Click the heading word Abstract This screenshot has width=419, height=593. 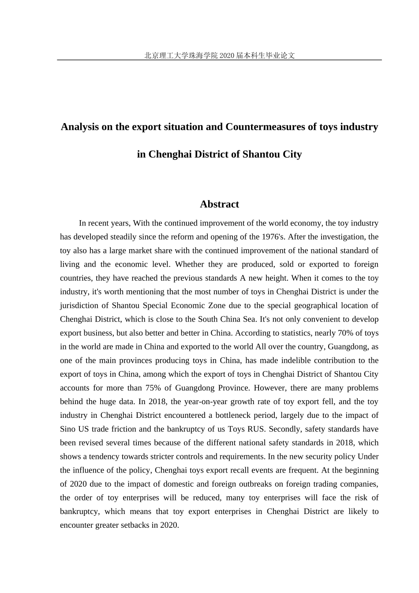pos(219,204)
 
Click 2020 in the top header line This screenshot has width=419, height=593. pos(226,56)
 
